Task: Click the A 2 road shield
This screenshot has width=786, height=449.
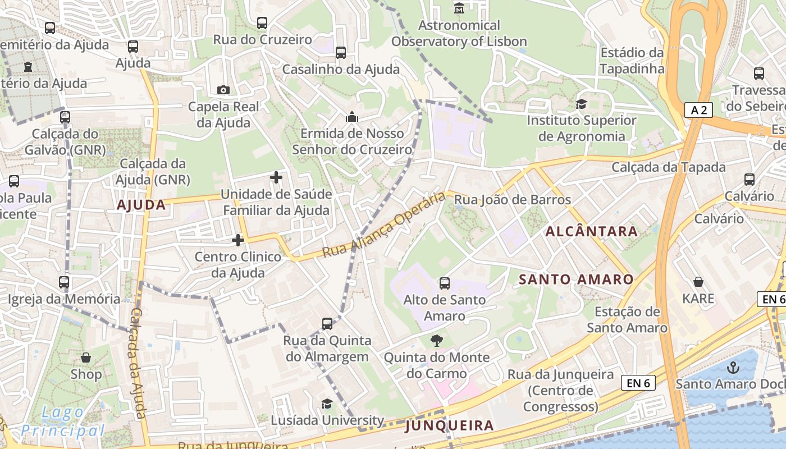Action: (698, 110)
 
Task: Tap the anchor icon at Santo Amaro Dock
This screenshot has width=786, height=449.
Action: (733, 368)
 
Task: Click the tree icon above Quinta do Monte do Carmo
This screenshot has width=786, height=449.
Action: (436, 340)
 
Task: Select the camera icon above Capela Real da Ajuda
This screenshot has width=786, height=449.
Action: (223, 90)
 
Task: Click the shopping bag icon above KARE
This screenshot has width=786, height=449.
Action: (698, 282)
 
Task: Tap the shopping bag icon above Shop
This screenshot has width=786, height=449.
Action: (86, 358)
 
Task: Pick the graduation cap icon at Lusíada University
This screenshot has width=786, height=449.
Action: (327, 404)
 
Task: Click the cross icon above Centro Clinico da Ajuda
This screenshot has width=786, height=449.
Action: (238, 240)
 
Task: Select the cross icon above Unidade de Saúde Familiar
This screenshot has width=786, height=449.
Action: (276, 178)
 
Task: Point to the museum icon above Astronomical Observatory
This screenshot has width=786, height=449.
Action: (459, 8)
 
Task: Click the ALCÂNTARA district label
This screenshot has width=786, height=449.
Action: (591, 231)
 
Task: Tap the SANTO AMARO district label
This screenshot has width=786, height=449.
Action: (576, 279)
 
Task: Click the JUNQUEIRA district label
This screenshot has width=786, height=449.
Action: (449, 425)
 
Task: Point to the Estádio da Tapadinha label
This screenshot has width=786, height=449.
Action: (632, 61)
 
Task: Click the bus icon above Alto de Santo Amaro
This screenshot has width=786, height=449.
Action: (445, 283)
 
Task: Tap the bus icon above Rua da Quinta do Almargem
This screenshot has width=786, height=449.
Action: (327, 324)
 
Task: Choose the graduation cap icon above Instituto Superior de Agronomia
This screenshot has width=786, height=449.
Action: (581, 104)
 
